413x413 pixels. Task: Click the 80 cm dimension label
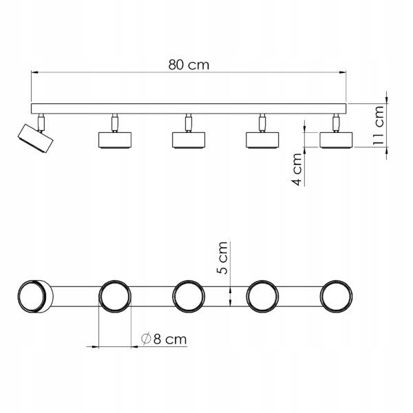pos(189,65)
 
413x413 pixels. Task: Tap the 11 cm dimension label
pos(379,125)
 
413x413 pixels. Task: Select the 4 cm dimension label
pos(297,169)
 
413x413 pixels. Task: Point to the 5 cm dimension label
pos(222,258)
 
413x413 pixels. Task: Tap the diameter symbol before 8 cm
pos(146,339)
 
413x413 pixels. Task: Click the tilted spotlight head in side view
pos(35,138)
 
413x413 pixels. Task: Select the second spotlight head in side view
pos(115,140)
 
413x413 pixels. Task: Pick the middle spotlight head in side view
pos(189,140)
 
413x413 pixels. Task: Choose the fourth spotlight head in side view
pos(262,140)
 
